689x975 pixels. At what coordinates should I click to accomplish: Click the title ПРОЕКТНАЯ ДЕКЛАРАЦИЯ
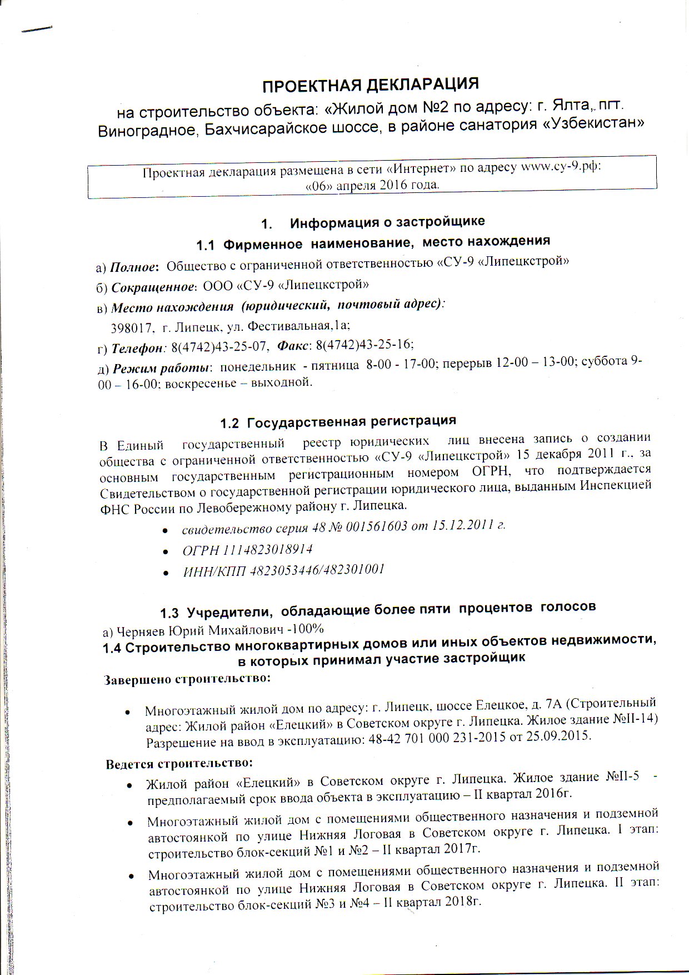[370, 86]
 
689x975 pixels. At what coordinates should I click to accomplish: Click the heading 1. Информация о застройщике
[373, 222]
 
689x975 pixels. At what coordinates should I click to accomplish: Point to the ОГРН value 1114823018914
[267, 550]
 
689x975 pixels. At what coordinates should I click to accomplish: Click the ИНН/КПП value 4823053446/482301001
[317, 570]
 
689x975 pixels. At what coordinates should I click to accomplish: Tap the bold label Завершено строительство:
[187, 679]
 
